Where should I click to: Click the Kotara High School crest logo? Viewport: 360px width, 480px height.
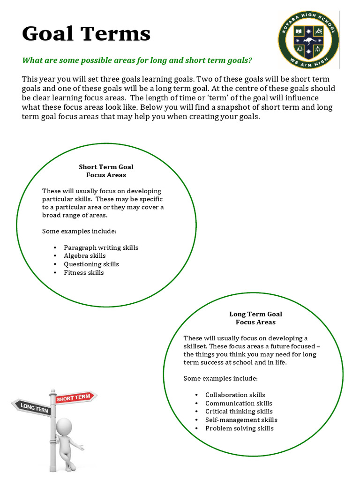tap(308, 39)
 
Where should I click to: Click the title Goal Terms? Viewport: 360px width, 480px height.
tap(86, 34)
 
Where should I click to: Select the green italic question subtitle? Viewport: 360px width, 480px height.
tap(137, 60)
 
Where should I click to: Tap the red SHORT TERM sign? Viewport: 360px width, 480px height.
tap(74, 397)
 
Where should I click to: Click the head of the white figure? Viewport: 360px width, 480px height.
tap(64, 427)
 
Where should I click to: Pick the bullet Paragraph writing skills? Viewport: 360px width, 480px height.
tap(101, 247)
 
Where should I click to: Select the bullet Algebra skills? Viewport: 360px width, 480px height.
tap(85, 256)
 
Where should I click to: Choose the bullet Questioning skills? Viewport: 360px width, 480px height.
tap(91, 264)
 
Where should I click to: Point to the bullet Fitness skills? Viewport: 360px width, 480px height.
tap(84, 273)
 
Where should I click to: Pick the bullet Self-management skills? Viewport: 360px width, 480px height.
tap(241, 420)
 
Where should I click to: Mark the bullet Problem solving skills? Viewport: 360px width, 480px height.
tap(239, 428)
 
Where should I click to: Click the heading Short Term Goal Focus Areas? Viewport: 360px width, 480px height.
tap(106, 171)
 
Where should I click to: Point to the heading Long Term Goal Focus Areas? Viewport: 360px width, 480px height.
tap(255, 318)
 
